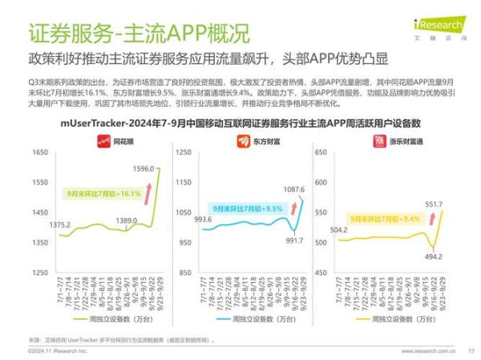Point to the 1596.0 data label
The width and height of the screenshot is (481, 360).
tap(142, 168)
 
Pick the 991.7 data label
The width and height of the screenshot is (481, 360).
tap(293, 240)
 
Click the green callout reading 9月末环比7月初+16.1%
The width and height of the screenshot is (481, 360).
tap(103, 193)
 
